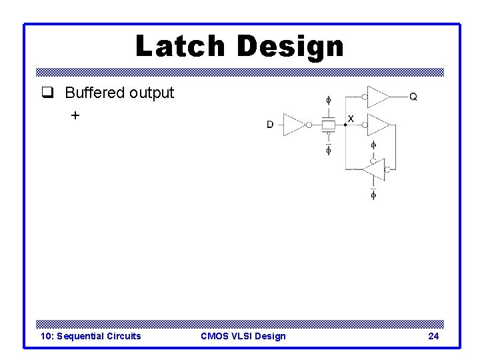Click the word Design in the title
click(289, 46)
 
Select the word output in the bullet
click(151, 93)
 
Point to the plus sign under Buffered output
click(75, 115)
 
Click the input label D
click(270, 124)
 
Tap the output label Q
click(413, 97)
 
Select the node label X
click(351, 119)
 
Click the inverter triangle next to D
click(294, 124)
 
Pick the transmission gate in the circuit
click(328, 124)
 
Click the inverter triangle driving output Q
click(378, 97)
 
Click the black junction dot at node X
click(345, 124)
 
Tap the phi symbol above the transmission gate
click(328, 101)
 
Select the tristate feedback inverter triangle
click(374, 170)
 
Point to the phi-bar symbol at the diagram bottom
click(373, 194)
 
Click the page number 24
click(433, 336)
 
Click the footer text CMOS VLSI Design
click(243, 336)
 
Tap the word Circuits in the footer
click(125, 336)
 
